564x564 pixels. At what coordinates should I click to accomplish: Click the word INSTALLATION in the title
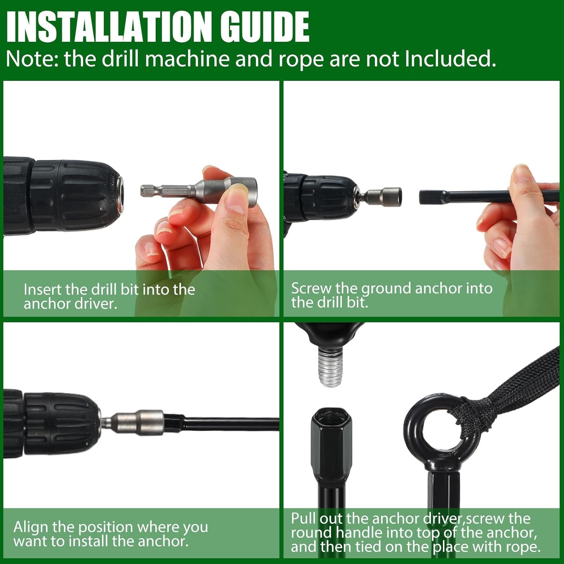pyautogui.click(x=109, y=27)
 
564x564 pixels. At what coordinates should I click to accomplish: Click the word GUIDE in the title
pyautogui.click(x=265, y=27)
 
